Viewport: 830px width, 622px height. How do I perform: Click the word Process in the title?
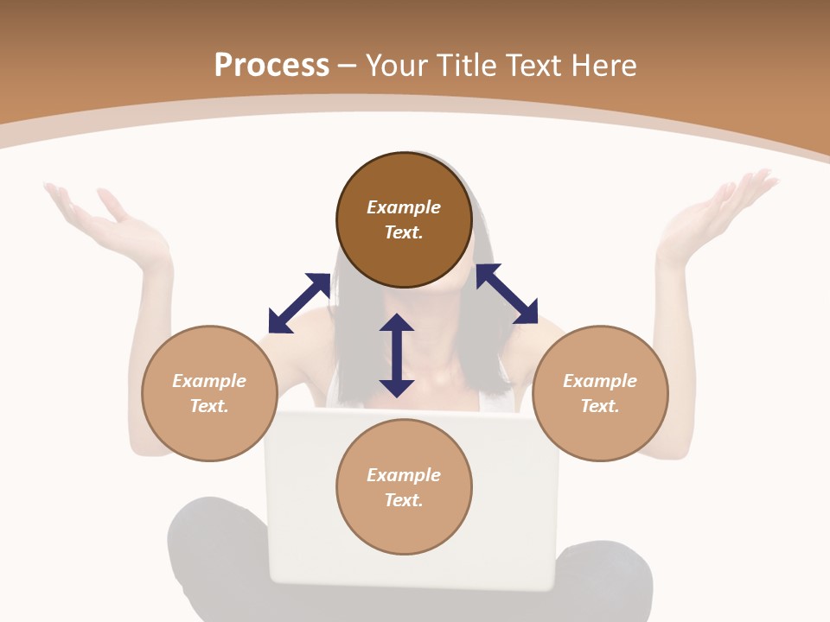click(271, 66)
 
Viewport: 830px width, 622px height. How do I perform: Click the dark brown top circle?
click(404, 219)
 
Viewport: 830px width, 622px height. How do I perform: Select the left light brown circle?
click(209, 393)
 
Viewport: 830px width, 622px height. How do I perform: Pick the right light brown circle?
click(600, 393)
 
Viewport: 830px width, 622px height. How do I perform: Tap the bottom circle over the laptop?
click(404, 486)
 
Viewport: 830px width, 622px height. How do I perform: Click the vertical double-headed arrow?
click(397, 355)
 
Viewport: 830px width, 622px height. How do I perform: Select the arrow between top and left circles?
click(299, 302)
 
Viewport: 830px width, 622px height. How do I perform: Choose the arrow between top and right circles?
click(507, 294)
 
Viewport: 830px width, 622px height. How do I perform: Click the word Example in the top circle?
click(404, 207)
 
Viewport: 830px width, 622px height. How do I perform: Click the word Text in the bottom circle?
click(403, 500)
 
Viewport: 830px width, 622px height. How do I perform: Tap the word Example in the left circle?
click(209, 381)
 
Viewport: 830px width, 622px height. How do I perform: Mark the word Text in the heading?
click(531, 66)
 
